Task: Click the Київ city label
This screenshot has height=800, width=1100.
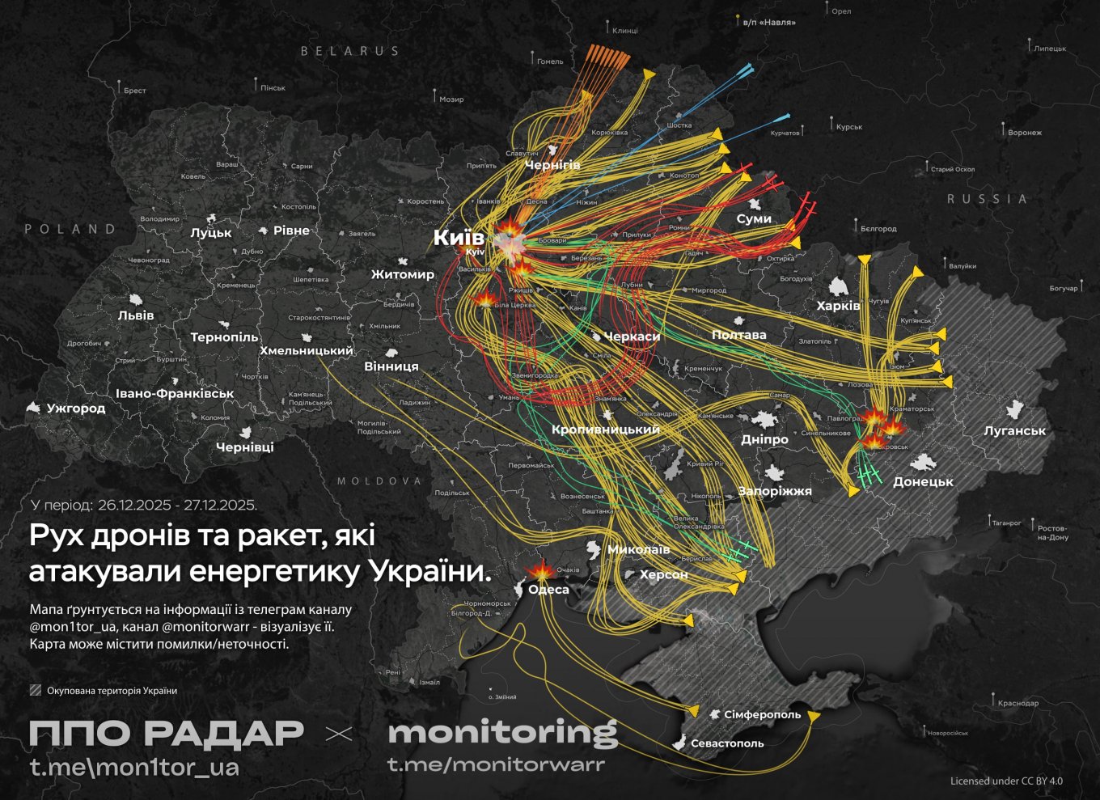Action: coord(459,237)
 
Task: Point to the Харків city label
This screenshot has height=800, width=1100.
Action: coord(838,306)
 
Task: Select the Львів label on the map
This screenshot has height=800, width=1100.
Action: coord(136,315)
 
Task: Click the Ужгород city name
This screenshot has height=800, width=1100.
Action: coord(76,408)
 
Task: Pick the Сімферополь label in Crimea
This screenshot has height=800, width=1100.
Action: coord(762,715)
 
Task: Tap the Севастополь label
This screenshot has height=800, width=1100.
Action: coord(727,743)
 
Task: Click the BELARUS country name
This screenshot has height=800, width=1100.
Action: coord(350,51)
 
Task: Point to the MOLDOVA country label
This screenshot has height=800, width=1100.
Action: coord(379,481)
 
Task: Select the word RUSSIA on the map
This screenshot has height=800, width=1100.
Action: coord(987,199)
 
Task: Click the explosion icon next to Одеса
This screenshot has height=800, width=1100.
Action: coord(540,570)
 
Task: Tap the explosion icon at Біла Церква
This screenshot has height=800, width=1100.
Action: coord(485,300)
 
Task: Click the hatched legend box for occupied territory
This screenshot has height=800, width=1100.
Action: coord(36,691)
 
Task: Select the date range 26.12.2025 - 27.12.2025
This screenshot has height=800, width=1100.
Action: coord(177,506)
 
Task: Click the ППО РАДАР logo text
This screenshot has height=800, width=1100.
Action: coord(166,733)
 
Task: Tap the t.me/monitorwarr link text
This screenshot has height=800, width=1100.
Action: coord(496,764)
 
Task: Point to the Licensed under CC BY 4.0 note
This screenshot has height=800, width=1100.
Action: coord(1006,781)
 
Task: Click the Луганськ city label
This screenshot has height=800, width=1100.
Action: coord(1014,431)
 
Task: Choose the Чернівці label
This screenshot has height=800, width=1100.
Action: coord(244,447)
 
